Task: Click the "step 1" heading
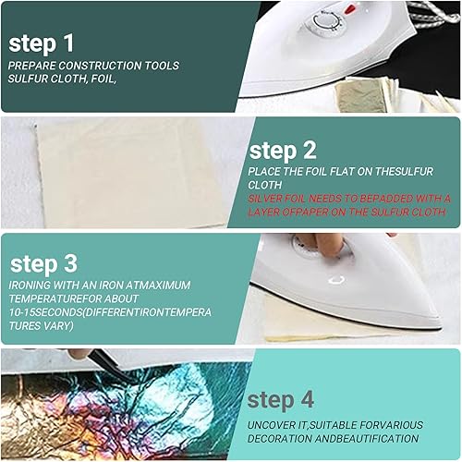point(42,43)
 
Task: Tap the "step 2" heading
point(283,151)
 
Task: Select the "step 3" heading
point(43,264)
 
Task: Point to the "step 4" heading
point(280,400)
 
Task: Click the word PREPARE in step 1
point(31,66)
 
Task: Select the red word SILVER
point(265,199)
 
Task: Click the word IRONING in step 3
point(30,285)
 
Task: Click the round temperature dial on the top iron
point(326,22)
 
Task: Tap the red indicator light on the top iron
point(348,9)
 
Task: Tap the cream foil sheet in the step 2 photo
point(132,173)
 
